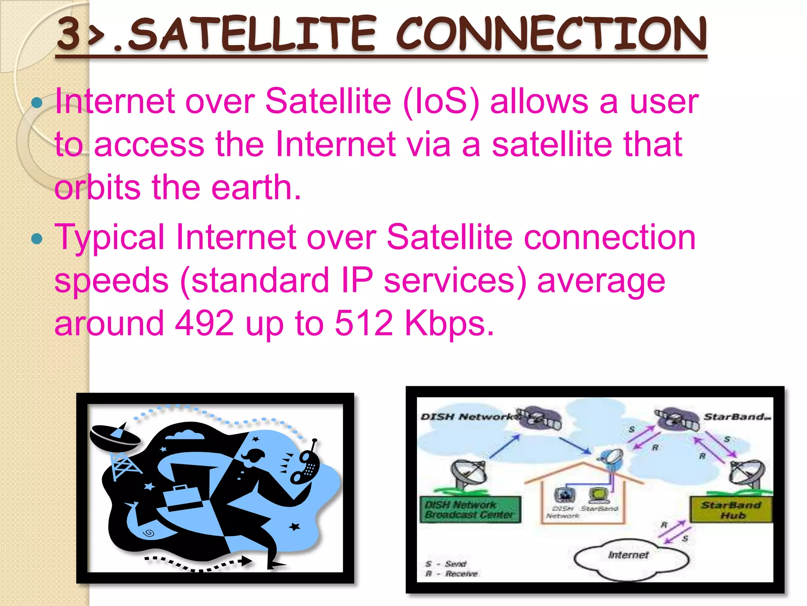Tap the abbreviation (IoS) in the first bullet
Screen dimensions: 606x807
pyautogui.click(x=441, y=102)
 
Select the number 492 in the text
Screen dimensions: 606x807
pyautogui.click(x=204, y=323)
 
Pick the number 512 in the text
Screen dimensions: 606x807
pyautogui.click(x=363, y=323)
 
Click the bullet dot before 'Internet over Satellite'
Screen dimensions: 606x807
pyautogui.click(x=37, y=103)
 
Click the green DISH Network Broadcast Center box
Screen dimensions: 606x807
pyautogui.click(x=470, y=509)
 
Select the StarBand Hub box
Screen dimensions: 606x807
pyautogui.click(x=731, y=510)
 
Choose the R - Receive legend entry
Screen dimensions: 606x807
pyautogui.click(x=452, y=574)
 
